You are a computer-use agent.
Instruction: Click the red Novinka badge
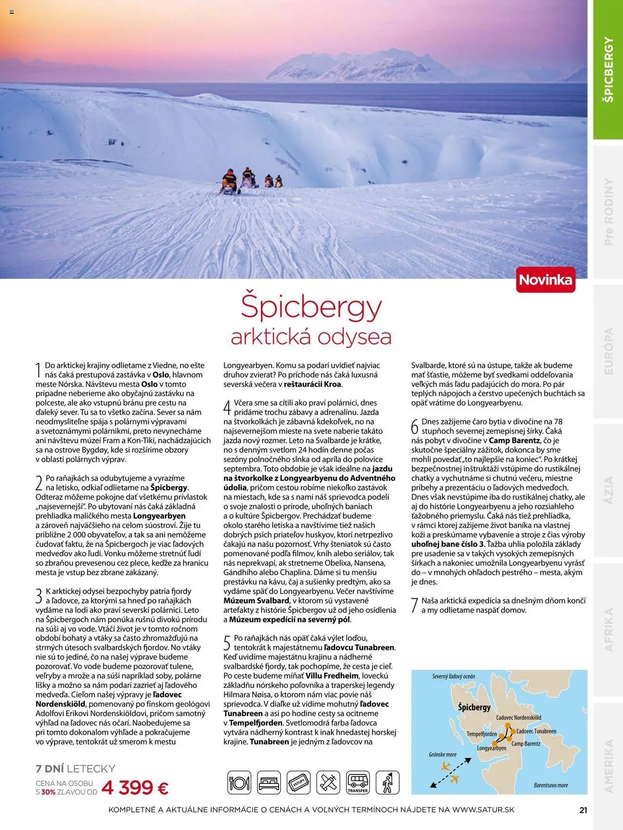tap(546, 280)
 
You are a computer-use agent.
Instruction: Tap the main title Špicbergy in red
tap(311, 307)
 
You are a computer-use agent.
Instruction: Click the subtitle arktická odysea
tap(311, 337)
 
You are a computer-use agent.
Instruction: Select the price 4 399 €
tap(135, 788)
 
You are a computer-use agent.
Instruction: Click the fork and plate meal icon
tap(239, 783)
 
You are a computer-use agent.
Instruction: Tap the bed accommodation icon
tap(269, 783)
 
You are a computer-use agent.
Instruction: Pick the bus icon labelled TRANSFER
tap(358, 783)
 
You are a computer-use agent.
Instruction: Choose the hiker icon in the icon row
tap(387, 783)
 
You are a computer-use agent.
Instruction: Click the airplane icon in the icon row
tap(328, 783)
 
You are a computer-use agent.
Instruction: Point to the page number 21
tap(583, 810)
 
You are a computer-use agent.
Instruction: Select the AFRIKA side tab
tap(608, 630)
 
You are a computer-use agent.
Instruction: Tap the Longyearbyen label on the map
tap(491, 748)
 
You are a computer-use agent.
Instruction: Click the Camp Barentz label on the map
tap(526, 743)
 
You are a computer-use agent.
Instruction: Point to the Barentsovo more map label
tap(550, 785)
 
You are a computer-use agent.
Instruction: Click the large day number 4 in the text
tap(227, 407)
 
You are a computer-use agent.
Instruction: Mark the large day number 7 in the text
tap(415, 605)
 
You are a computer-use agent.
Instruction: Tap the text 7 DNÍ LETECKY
tap(75, 769)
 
